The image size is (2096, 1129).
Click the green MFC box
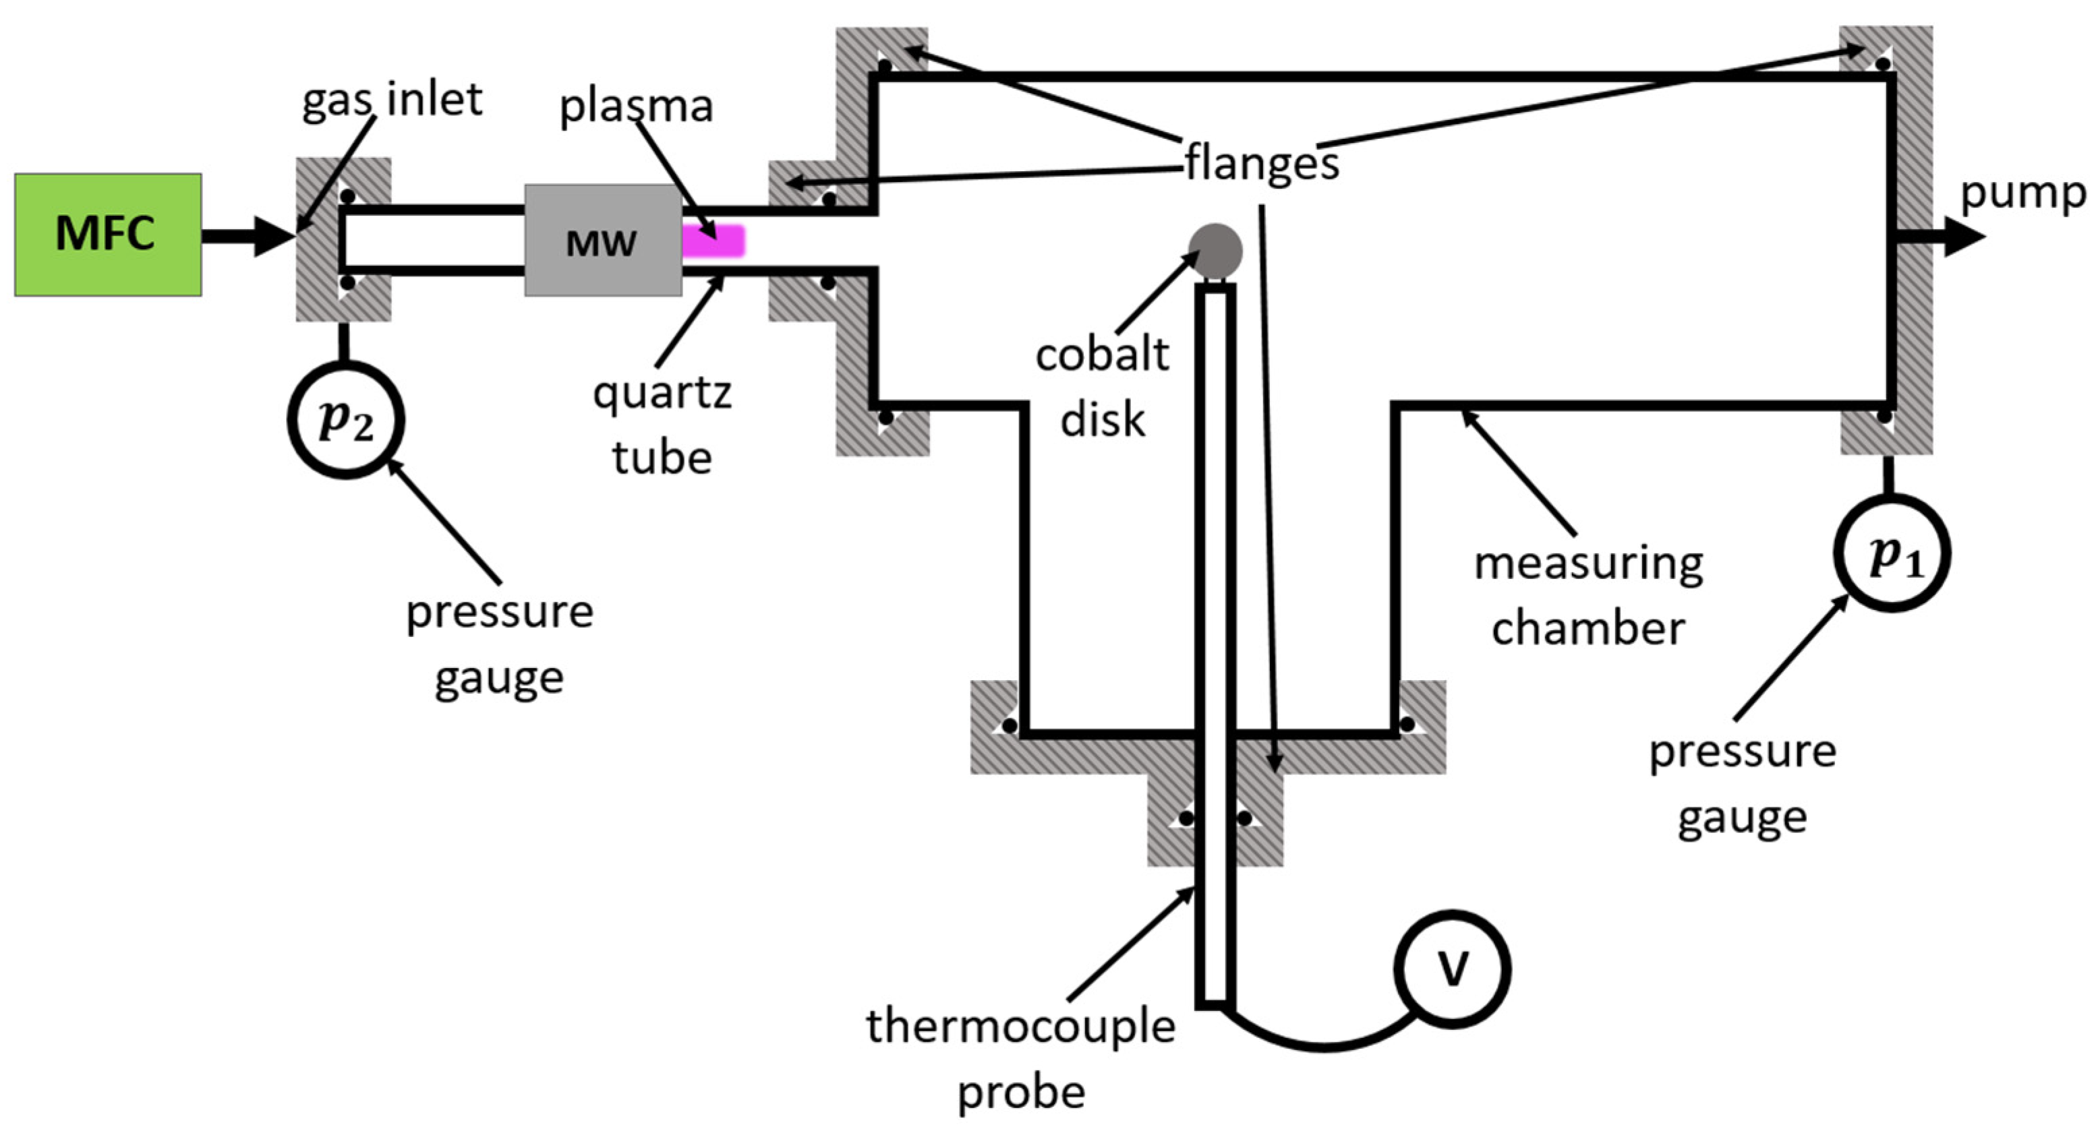[x=107, y=235]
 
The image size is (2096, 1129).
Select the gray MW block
[x=602, y=240]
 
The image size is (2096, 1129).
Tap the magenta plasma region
[x=714, y=241]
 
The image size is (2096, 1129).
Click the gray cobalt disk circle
[x=1215, y=251]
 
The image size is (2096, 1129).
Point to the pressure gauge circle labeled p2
[x=346, y=420]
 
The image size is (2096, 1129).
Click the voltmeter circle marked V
[x=1453, y=968]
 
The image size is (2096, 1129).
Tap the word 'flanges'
[x=1261, y=162]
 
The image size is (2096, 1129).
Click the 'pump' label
[x=2022, y=193]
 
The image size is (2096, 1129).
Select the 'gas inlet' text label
[x=392, y=99]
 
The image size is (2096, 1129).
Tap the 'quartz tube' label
[x=662, y=425]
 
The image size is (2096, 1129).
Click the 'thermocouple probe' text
[x=1020, y=1058]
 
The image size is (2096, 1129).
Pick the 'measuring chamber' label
[x=1588, y=595]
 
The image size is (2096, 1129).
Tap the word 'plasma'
[x=637, y=106]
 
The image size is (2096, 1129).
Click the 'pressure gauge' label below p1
[x=1742, y=783]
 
